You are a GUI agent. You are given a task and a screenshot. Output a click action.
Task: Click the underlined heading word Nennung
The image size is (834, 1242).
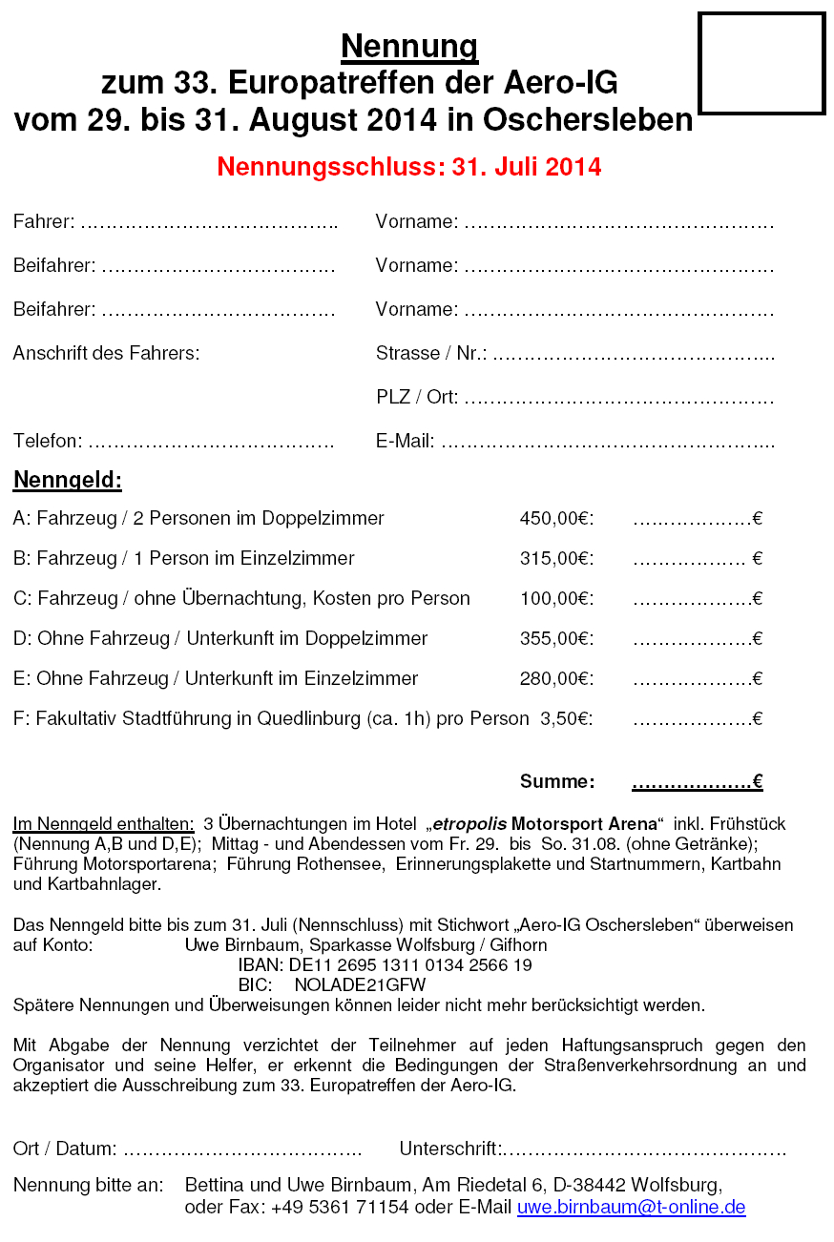tap(409, 47)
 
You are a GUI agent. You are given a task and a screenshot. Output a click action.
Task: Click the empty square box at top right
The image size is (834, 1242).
tap(761, 64)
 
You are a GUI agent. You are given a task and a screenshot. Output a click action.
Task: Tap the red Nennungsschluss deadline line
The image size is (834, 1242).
tap(408, 167)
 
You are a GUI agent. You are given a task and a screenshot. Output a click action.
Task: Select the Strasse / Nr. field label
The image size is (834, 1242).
tap(431, 354)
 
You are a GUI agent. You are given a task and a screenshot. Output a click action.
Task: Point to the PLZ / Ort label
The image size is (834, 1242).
tap(417, 398)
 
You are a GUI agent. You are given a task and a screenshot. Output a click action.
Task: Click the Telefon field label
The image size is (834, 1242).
tap(48, 442)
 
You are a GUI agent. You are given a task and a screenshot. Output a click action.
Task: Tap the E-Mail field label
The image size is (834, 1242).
tap(406, 442)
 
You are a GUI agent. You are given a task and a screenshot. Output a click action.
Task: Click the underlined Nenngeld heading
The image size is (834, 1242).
tap(68, 480)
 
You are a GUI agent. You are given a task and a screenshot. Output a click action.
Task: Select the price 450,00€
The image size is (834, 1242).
tap(556, 519)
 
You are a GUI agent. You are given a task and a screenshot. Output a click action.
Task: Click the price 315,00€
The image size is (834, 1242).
tap(556, 559)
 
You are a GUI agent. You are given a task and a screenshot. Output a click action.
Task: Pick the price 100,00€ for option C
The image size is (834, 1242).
tap(556, 599)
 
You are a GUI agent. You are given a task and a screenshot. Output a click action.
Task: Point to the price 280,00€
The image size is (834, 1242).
tap(556, 679)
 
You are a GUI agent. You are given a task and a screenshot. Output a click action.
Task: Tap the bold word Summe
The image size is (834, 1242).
tap(557, 782)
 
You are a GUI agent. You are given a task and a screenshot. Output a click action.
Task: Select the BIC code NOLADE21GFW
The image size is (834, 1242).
tap(360, 985)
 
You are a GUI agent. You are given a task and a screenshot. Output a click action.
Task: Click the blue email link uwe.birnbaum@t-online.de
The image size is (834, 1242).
tap(631, 1208)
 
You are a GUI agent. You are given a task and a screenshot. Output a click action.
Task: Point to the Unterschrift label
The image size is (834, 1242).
tap(451, 1149)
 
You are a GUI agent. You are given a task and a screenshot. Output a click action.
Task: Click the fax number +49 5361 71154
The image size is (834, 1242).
tap(340, 1208)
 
